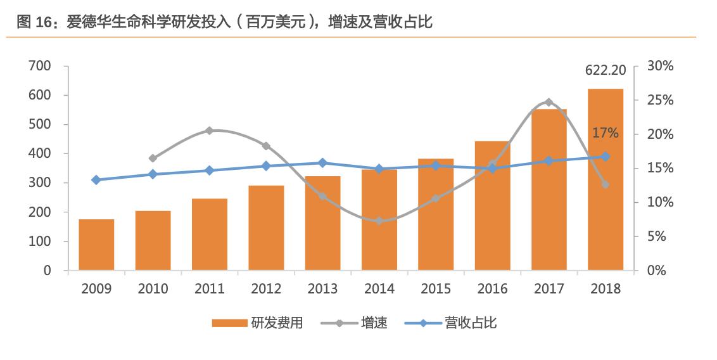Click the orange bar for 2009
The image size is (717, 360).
click(x=96, y=245)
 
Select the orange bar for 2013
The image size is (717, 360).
click(x=322, y=223)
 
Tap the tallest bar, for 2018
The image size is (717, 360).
click(x=605, y=179)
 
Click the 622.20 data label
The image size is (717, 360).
click(x=606, y=70)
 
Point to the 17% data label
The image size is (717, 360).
click(x=605, y=134)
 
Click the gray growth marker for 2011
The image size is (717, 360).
click(x=210, y=131)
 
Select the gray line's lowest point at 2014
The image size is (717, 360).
click(x=379, y=221)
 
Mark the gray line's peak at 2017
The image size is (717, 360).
click(x=549, y=102)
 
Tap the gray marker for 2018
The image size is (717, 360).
click(x=605, y=184)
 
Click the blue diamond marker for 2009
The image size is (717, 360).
click(x=96, y=180)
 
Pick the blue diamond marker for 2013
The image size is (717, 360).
click(x=322, y=163)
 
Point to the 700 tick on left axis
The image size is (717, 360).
click(x=39, y=66)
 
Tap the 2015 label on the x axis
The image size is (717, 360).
click(x=436, y=289)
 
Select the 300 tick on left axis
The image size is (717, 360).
click(x=39, y=183)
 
